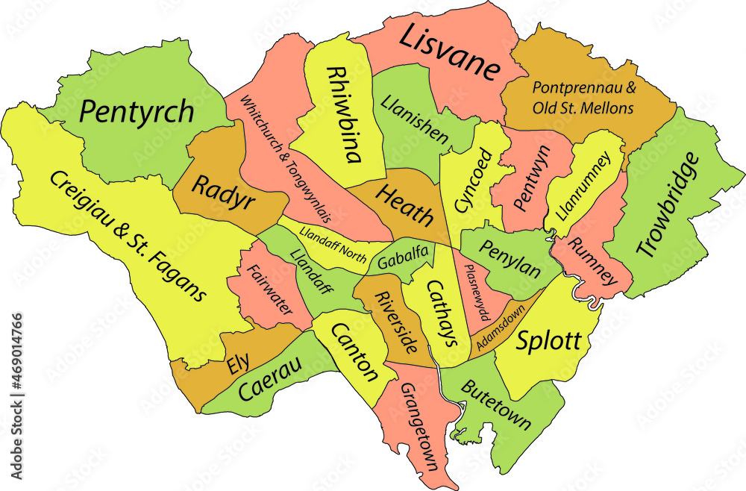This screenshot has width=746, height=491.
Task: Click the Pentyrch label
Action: pos(137,112)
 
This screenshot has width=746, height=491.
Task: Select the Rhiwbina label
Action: pos(345,114)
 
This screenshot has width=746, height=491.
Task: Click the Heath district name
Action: pos(404,206)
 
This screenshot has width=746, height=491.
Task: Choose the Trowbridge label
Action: pos(668,204)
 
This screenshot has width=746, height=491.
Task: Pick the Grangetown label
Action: pos(419,428)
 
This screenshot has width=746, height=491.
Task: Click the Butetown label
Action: pos(496,405)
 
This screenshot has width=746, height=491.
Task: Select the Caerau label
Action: pos(270,379)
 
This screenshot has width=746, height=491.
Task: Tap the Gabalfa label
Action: pos(403,259)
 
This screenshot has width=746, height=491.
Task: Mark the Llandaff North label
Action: pos(333,244)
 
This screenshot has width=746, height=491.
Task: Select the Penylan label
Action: pos(510,258)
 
